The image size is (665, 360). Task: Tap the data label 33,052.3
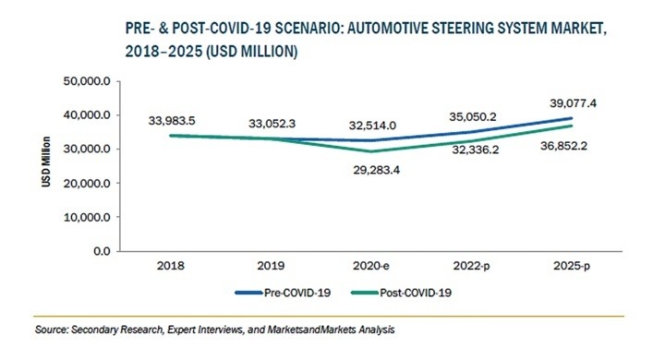[x=274, y=123]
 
